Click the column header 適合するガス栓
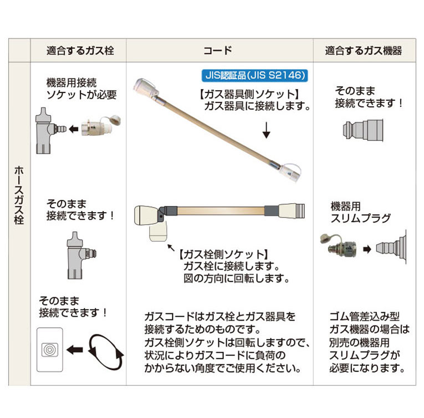(80, 51)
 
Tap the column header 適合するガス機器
(364, 51)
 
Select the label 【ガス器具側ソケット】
(249, 94)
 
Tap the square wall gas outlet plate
(50, 350)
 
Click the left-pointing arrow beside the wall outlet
(76, 350)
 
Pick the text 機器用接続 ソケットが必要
(81, 89)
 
